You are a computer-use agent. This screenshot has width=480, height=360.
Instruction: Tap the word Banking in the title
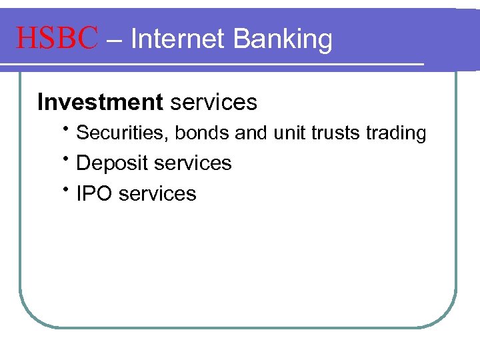[283, 40]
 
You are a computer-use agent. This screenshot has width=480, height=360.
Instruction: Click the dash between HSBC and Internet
[114, 40]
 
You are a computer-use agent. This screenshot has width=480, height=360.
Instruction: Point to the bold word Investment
[100, 102]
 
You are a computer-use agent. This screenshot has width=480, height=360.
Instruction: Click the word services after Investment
[213, 102]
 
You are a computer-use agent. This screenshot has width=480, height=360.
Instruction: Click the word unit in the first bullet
[289, 133]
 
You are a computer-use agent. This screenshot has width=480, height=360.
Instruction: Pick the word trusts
[336, 133]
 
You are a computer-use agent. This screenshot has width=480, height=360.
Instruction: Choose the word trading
[396, 134]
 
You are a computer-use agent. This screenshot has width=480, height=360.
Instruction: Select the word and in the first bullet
[251, 133]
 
